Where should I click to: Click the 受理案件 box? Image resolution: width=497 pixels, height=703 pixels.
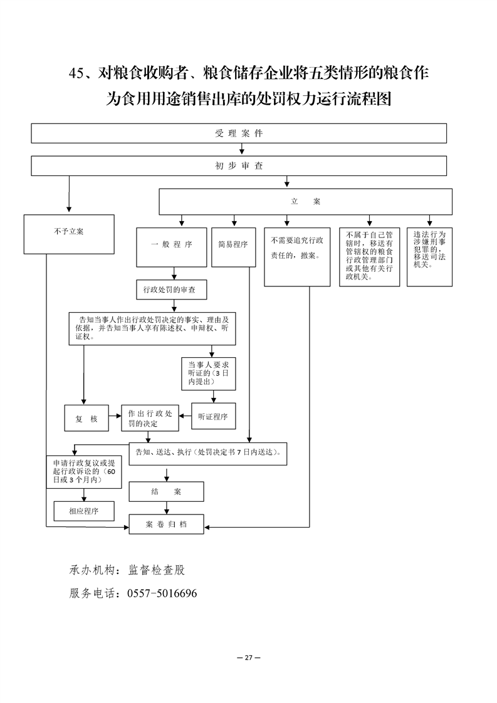(x=239, y=133)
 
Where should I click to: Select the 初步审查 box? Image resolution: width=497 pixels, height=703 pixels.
(x=239, y=166)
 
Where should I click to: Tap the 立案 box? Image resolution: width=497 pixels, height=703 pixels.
(x=305, y=202)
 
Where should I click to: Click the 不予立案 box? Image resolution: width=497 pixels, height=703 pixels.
(x=69, y=232)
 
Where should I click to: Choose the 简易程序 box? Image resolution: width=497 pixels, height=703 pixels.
(x=233, y=245)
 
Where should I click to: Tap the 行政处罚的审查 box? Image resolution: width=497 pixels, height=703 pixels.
(x=171, y=290)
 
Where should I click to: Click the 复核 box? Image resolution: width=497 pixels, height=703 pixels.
(x=86, y=418)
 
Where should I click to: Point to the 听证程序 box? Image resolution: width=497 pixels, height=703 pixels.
(x=212, y=417)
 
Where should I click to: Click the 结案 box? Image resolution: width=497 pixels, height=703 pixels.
(x=166, y=492)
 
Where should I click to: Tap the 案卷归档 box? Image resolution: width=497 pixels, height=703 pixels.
(x=166, y=524)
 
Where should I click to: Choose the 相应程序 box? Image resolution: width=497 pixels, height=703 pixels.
(x=84, y=511)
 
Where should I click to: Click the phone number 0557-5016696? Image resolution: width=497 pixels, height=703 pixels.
(x=162, y=593)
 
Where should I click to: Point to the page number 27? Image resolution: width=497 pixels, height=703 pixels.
(x=248, y=657)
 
